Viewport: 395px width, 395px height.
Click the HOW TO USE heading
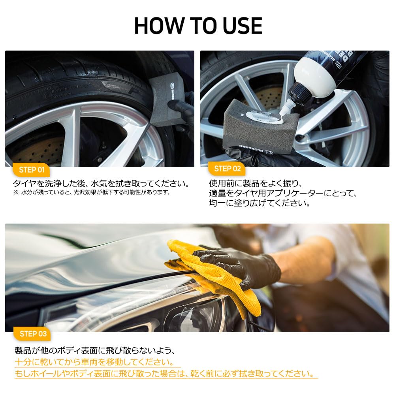[198, 26]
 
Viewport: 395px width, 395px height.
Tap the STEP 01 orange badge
[32, 170]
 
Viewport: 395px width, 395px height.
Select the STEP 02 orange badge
[227, 169]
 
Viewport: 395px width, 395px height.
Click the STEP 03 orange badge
[33, 334]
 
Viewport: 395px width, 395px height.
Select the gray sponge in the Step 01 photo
[166, 101]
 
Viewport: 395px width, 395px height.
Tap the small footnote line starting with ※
[91, 192]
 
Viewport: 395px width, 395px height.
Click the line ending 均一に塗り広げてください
[259, 203]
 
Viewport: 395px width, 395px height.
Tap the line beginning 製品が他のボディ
[95, 351]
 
